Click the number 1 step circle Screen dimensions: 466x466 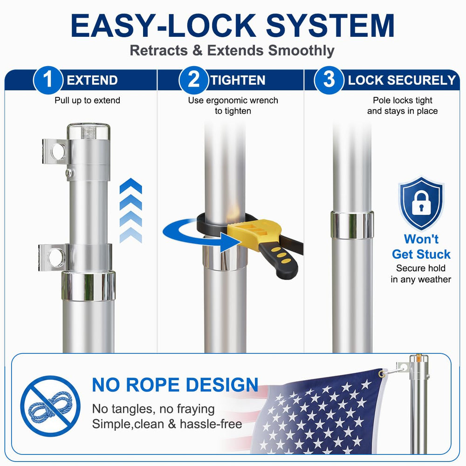click(48, 80)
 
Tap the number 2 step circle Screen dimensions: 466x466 click(193, 80)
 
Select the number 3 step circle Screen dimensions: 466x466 click(329, 80)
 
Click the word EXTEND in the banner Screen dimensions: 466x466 click(92, 80)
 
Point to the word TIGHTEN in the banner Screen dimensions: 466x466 click(238, 80)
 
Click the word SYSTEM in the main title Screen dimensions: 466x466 click(330, 26)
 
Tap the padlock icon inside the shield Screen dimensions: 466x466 click(421, 203)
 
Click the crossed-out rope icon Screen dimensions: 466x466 click(50, 406)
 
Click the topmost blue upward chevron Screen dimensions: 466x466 click(131, 186)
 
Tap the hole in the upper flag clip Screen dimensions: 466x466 click(59, 151)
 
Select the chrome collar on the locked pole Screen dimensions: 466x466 click(352, 225)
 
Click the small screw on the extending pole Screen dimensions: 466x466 click(69, 172)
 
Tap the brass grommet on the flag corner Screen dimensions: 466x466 click(381, 374)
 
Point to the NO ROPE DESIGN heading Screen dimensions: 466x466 click(175, 385)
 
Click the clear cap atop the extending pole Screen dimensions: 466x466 click(89, 131)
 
